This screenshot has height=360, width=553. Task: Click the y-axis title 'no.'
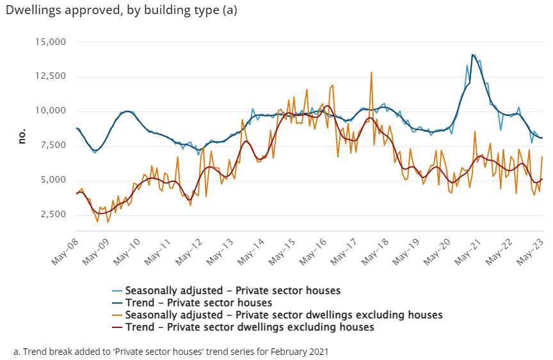[x=22, y=136]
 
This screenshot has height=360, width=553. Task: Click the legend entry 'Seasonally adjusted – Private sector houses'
[x=232, y=290]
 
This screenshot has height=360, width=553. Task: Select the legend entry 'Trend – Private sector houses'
[x=198, y=302]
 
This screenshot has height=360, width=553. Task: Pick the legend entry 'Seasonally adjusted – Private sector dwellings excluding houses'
[x=284, y=315]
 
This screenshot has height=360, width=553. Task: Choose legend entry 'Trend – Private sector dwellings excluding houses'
[x=250, y=327]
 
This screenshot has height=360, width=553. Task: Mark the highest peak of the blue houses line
[x=472, y=54]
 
